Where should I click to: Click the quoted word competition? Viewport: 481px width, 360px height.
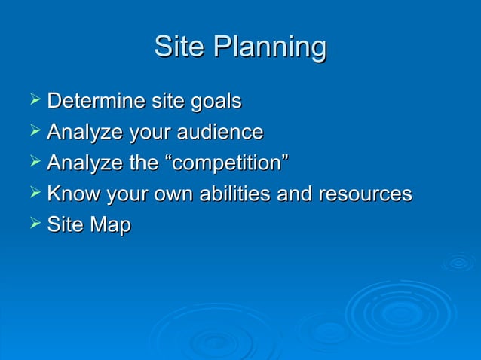223,164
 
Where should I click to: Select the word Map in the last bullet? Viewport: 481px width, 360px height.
111,226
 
